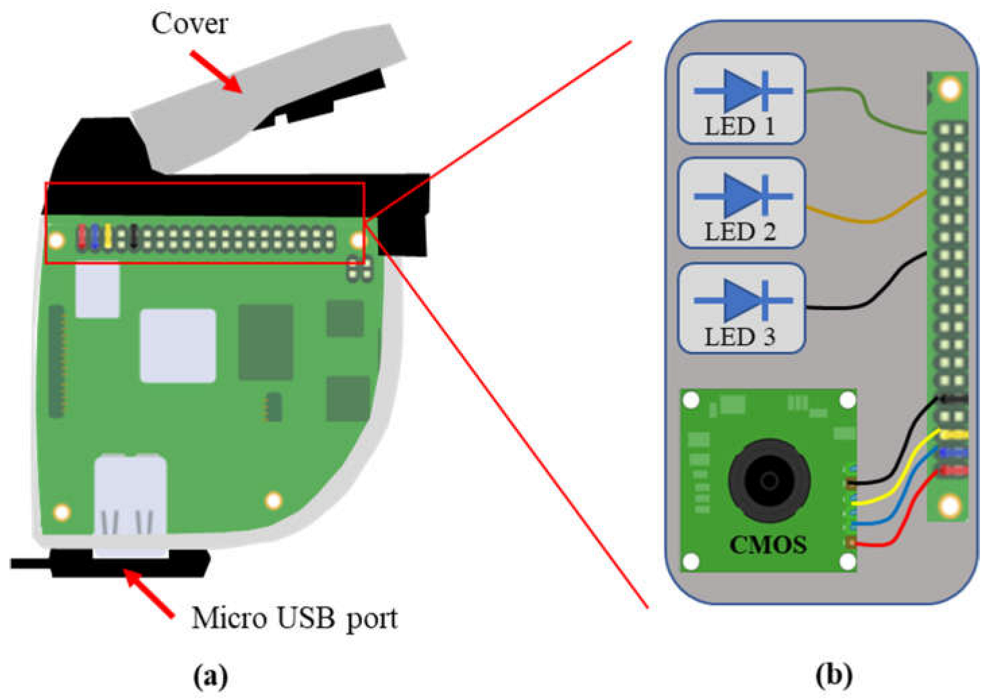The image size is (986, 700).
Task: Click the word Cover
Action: click(189, 24)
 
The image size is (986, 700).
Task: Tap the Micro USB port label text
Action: click(295, 618)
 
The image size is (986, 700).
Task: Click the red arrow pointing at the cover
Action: click(216, 71)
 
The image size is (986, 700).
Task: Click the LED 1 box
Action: click(741, 99)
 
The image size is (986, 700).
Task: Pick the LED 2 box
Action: click(741, 204)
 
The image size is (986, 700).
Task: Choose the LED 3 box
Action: click(741, 308)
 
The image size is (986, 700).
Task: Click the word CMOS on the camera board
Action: click(768, 545)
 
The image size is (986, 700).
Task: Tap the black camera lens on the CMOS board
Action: click(768, 480)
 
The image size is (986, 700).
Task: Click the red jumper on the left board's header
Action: click(82, 236)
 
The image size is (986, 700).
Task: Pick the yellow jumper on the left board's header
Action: click(108, 236)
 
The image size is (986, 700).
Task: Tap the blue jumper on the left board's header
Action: click(95, 236)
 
